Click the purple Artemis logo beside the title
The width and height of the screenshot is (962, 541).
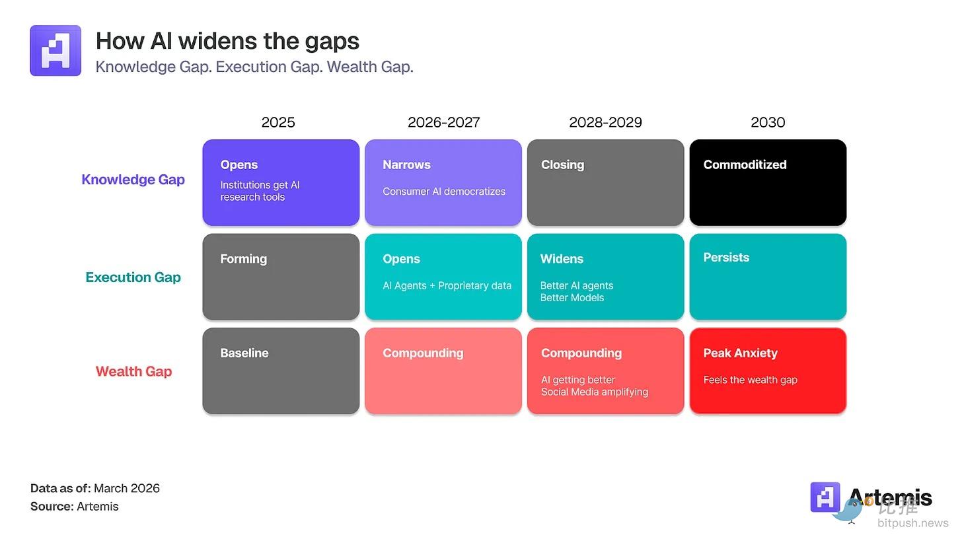55,51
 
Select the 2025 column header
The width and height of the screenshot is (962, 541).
278,122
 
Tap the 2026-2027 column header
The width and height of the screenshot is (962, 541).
443,122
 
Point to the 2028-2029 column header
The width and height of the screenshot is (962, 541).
605,122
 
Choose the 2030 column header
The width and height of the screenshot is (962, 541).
768,122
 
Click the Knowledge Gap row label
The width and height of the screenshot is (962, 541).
133,180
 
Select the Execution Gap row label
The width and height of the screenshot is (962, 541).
133,277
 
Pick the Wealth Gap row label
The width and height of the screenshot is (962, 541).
133,371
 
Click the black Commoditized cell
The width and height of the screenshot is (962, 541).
768,182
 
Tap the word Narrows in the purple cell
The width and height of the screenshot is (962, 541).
406,165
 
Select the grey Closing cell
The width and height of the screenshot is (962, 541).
605,182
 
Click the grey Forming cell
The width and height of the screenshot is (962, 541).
281,277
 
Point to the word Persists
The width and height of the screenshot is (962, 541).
726,258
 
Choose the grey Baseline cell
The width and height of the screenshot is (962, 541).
281,371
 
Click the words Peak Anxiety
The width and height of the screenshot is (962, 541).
741,353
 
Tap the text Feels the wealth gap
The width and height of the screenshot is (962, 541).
751,380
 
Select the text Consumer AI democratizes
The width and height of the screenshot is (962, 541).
444,192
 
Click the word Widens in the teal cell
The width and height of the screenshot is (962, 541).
562,259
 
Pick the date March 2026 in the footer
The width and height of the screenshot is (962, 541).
127,489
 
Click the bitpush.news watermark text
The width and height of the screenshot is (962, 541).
913,523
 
